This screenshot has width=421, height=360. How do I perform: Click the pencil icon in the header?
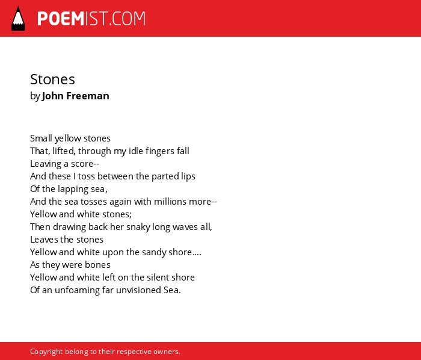pos(18,19)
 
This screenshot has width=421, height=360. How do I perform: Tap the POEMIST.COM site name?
pos(91,19)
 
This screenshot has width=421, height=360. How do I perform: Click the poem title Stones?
pos(53,79)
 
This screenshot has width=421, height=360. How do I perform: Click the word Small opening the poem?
pos(41,138)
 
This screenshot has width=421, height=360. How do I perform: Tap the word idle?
pos(135,151)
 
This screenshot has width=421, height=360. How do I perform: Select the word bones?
pos(97,265)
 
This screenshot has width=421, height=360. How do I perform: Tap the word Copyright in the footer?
pos(46,352)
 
